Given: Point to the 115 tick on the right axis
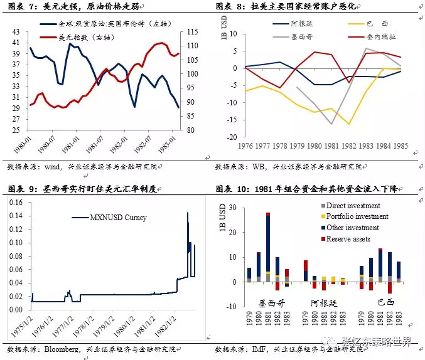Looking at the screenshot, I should tap(193, 32).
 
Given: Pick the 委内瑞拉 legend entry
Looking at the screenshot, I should tap(385, 36).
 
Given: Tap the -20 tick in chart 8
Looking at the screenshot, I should tap(233, 137).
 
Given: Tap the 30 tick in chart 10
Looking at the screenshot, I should tap(234, 208).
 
